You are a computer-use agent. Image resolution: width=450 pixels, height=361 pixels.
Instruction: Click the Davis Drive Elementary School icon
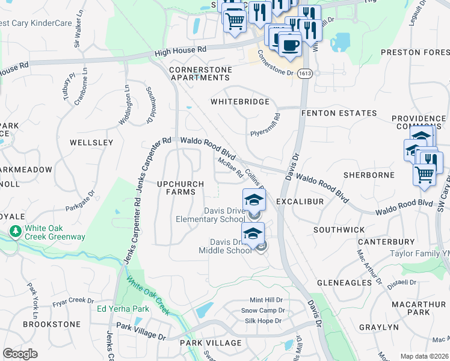(253, 200)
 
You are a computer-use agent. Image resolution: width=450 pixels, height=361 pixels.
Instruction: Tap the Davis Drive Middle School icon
(253, 233)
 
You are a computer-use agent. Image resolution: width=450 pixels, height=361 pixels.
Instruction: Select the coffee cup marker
(290, 44)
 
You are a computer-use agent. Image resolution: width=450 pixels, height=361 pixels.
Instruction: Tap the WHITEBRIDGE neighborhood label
(239, 102)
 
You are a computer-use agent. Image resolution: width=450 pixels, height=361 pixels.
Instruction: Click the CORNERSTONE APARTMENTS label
(200, 74)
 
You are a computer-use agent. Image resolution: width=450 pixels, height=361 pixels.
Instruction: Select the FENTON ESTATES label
(339, 113)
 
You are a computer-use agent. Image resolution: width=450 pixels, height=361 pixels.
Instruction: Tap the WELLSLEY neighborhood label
(91, 143)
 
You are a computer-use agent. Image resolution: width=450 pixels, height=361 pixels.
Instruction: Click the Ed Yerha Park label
(123, 309)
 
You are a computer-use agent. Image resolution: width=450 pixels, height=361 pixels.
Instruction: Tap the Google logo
(20, 354)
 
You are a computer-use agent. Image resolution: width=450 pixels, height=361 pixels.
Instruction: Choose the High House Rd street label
(180, 51)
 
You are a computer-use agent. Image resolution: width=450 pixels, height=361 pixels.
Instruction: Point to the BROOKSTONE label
(51, 324)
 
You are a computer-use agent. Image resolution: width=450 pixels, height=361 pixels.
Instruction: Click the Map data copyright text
(424, 356)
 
